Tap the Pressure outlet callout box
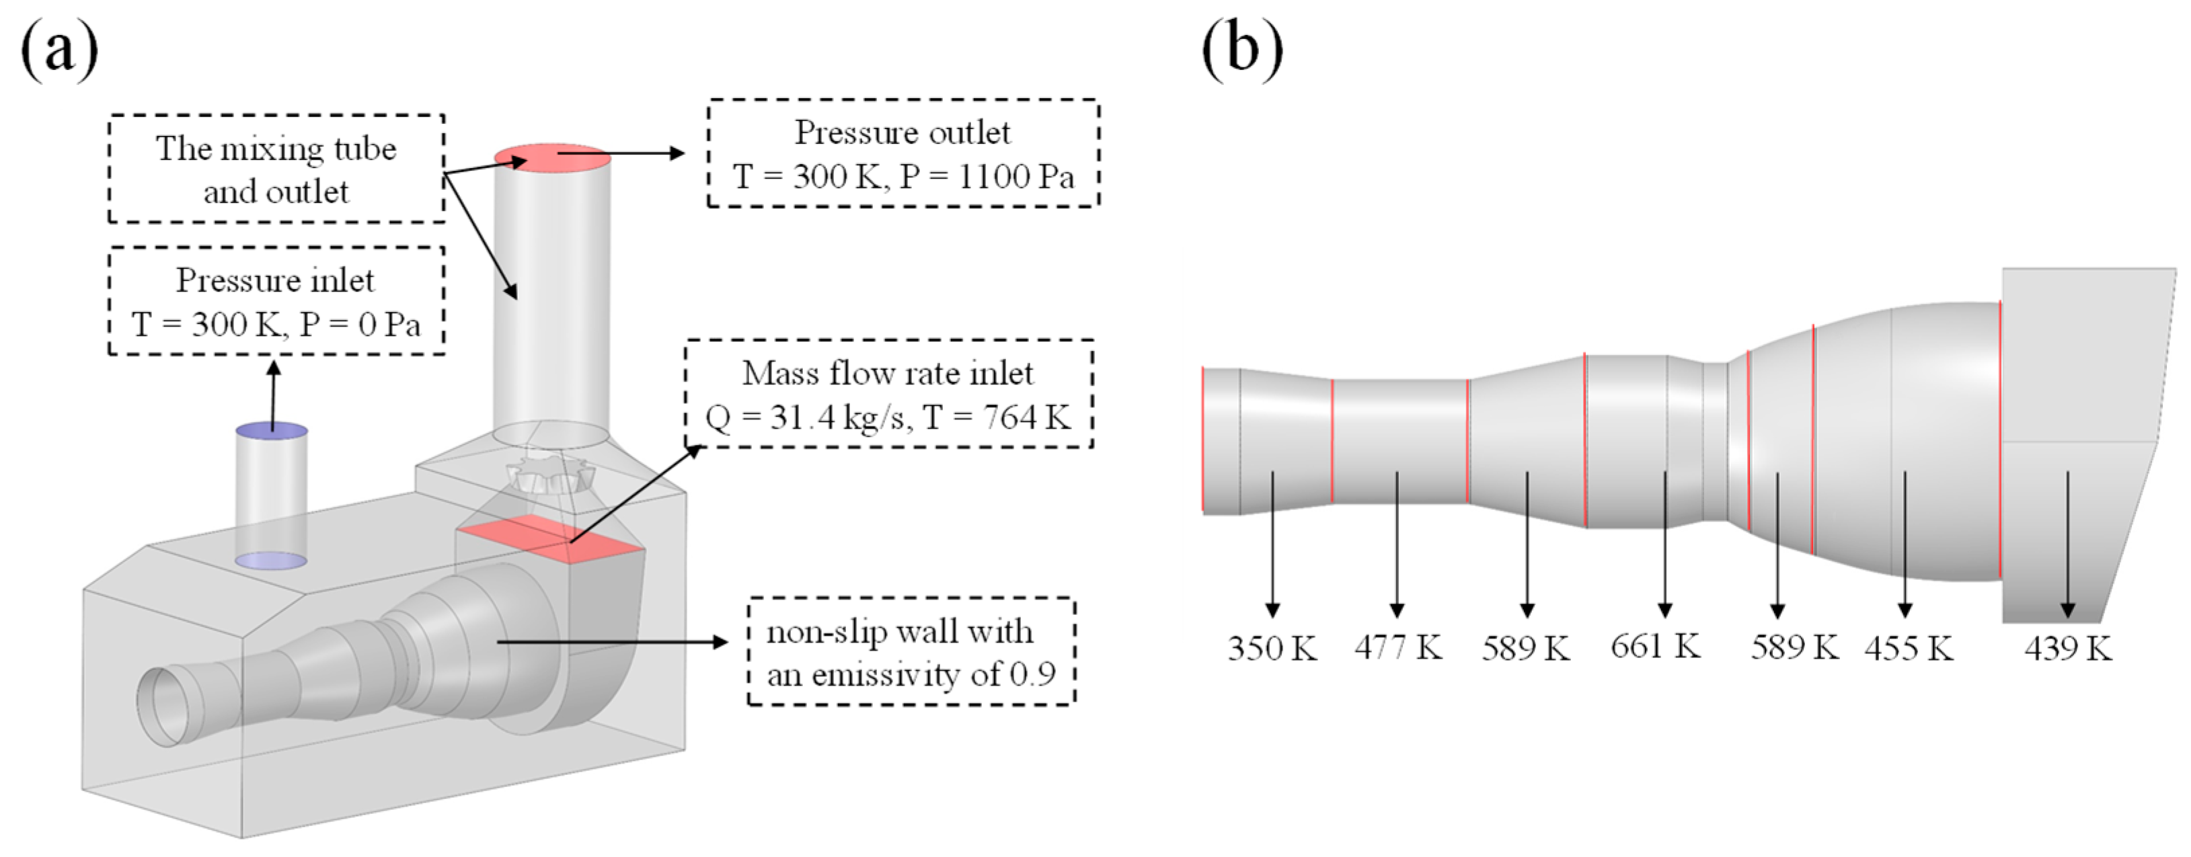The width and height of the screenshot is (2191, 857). click(x=903, y=154)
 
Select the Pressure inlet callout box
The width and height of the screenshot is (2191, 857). click(x=276, y=301)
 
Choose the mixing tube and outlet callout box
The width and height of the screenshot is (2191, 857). click(x=276, y=170)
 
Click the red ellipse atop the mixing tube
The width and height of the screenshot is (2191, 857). click(x=552, y=157)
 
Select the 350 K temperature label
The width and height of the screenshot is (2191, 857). click(x=1272, y=649)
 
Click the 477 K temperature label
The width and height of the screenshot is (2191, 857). click(x=1398, y=648)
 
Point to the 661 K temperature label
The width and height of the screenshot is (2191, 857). click(x=1655, y=646)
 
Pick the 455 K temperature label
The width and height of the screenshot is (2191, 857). click(x=1909, y=649)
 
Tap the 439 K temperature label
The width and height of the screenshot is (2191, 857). click(x=2068, y=649)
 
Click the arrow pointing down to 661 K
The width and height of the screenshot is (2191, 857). click(x=1665, y=544)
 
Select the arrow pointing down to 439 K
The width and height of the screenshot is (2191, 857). click(x=2068, y=544)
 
